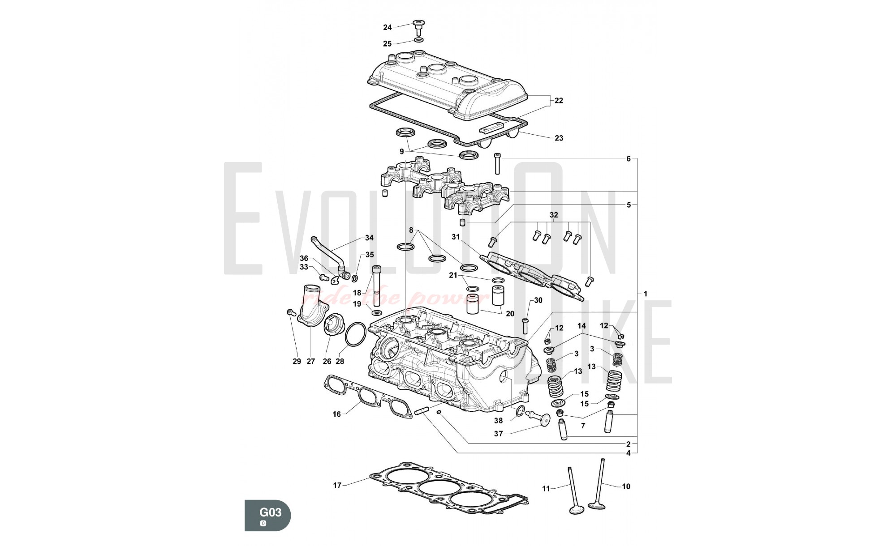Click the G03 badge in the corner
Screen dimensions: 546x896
[267, 515]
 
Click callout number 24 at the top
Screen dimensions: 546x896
[387, 27]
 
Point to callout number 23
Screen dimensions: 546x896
[559, 138]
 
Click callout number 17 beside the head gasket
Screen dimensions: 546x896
[337, 485]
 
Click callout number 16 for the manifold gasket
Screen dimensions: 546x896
[336, 414]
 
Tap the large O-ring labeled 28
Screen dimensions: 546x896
[356, 334]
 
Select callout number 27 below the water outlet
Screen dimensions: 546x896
[310, 361]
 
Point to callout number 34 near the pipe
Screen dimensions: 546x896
[369, 238]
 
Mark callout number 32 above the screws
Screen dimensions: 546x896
[554, 215]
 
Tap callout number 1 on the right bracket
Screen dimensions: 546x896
[645, 294]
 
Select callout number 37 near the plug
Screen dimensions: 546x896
[498, 434]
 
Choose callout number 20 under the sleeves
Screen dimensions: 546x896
[510, 314]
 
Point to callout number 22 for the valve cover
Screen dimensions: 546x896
[559, 101]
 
